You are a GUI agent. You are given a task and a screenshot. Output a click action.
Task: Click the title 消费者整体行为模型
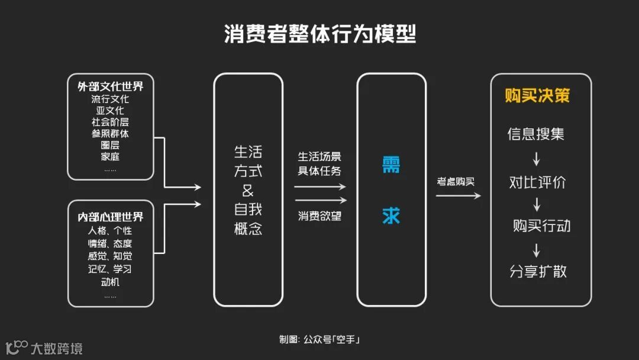coord(319,34)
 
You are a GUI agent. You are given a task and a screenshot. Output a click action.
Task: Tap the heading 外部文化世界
coord(110,86)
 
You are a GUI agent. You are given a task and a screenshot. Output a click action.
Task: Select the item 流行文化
coord(110,99)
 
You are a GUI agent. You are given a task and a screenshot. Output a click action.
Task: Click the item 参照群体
coord(110,134)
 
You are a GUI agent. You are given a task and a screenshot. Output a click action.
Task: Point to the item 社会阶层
coord(110,122)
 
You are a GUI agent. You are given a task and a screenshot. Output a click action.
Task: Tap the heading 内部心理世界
coord(110,217)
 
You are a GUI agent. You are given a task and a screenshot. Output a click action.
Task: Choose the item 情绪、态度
coord(110,244)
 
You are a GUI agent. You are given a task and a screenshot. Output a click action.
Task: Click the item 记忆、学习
coord(110,269)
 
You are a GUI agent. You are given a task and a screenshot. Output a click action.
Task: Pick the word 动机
coord(110,282)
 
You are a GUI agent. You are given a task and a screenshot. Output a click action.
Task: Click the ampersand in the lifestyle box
coord(248,191)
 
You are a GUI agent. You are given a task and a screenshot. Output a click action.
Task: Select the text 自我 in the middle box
coord(248,210)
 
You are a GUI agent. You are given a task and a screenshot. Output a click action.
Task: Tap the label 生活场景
coord(319,157)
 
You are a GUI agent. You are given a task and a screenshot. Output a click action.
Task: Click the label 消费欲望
coord(319,216)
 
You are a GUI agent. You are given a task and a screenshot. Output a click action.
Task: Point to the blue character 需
coord(391,164)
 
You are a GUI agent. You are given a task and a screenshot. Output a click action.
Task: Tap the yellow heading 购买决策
coord(537,96)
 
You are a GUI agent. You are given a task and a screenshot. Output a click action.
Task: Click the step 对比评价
coord(537,182)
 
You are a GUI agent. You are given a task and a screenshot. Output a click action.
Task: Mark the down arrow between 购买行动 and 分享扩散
coord(537,249)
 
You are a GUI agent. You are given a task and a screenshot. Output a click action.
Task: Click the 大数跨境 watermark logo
coord(44,348)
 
